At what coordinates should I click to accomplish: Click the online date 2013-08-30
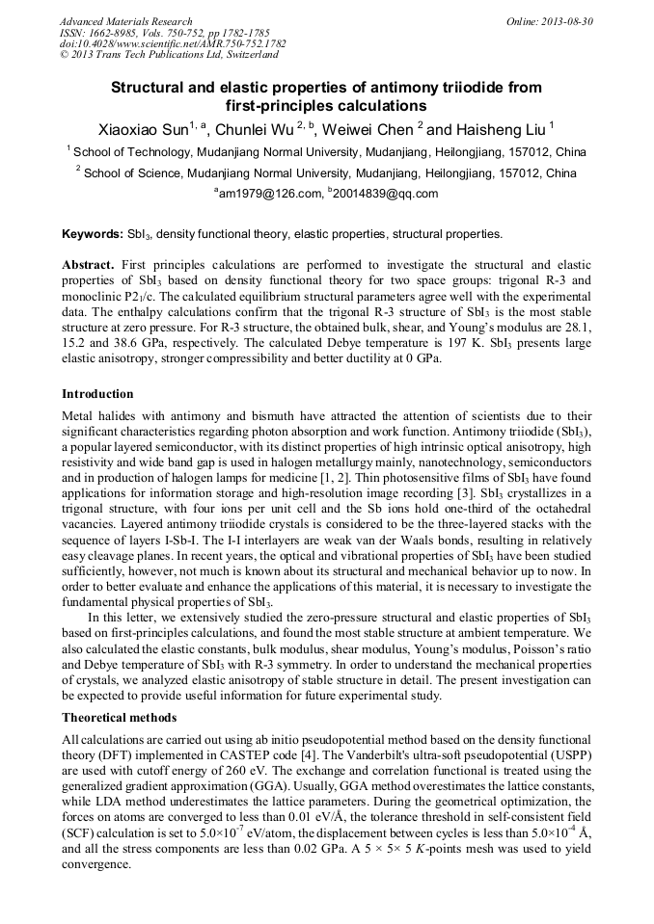(562, 21)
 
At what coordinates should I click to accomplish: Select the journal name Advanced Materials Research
(125, 21)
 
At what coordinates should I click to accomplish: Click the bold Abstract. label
(88, 264)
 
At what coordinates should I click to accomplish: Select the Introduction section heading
(97, 394)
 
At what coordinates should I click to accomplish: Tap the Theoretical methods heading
(120, 718)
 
